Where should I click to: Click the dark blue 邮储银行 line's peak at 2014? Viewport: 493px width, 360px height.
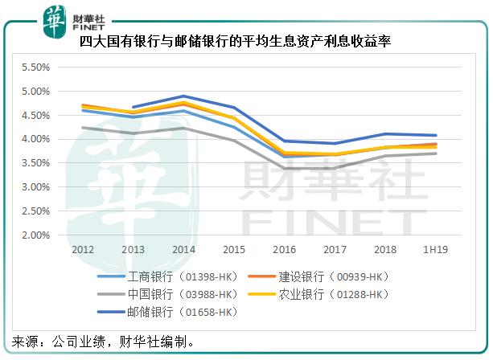pos(183,96)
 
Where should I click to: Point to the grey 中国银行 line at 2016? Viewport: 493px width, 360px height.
pos(284,169)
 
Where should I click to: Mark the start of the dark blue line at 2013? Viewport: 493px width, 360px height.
pos(133,107)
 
